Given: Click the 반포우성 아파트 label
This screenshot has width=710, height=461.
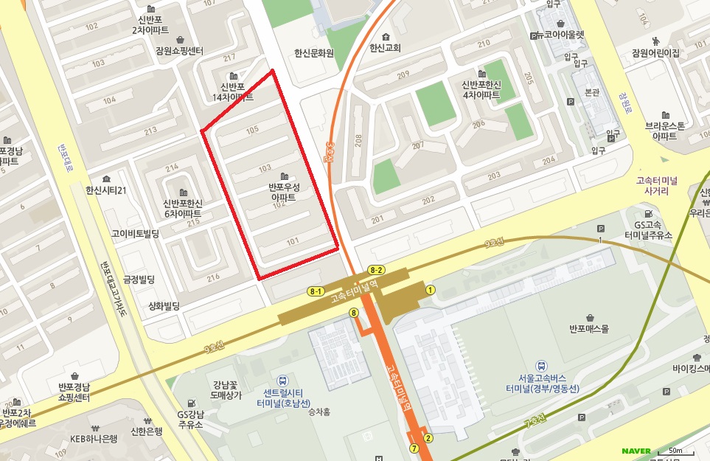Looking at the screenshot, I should click(x=285, y=193).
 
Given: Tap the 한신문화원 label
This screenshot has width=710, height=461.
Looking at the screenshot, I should click(x=314, y=53).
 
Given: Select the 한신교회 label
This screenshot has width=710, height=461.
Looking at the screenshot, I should click(x=385, y=48).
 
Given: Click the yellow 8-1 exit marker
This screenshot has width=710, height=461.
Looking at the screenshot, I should click(x=316, y=291).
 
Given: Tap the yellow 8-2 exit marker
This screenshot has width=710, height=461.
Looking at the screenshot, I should click(x=376, y=270).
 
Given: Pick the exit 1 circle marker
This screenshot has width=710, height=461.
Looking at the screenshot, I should click(x=430, y=289).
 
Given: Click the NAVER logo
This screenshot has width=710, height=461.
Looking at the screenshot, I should click(x=636, y=451).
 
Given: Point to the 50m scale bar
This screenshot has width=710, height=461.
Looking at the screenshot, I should click(x=674, y=451).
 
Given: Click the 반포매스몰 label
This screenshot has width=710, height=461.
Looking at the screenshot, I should click(x=589, y=329).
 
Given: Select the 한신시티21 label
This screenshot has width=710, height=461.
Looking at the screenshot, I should click(x=106, y=190).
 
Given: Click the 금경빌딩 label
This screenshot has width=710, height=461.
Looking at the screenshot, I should click(x=139, y=280).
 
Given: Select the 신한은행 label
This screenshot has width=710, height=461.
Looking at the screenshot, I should click(x=146, y=431).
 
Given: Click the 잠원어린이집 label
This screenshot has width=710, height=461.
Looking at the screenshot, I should click(x=655, y=52).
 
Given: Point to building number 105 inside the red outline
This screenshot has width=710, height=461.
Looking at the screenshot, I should click(x=252, y=130).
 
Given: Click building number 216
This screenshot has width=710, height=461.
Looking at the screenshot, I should click(x=214, y=277).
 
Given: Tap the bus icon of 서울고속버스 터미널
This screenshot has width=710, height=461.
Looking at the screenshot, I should click(x=542, y=366).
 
